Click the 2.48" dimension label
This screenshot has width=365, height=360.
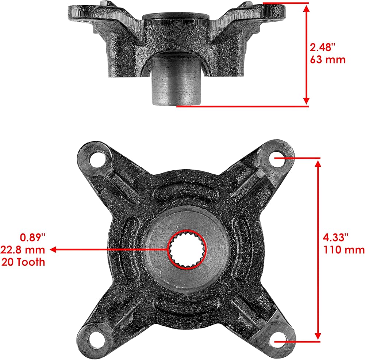(x=322, y=47)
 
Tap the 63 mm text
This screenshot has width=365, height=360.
(x=327, y=60)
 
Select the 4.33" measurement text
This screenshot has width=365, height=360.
(x=335, y=237)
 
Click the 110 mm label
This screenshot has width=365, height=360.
(x=344, y=250)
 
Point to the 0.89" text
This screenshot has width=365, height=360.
(x=32, y=237)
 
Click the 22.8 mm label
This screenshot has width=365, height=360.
(x=23, y=250)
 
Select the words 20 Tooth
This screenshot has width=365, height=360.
(x=23, y=262)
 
